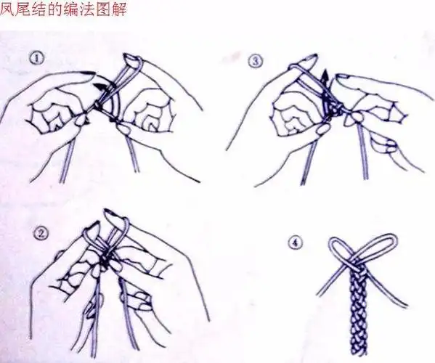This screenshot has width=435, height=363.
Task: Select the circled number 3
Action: click(x=254, y=61)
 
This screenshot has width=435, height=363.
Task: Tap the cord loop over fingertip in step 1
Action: click(x=131, y=62)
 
